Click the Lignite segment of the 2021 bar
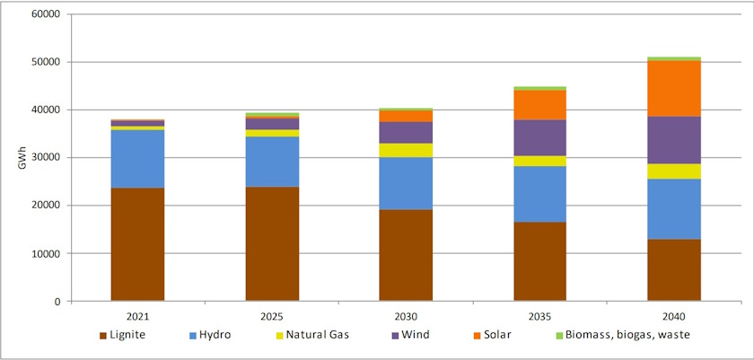[x=137, y=244]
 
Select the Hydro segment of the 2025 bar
[x=272, y=162]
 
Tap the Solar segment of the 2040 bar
[x=674, y=88]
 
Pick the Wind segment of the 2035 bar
[x=540, y=137]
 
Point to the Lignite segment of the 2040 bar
[x=674, y=269]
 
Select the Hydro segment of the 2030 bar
[x=406, y=183]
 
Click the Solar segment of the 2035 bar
[x=540, y=105]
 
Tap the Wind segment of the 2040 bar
[x=674, y=140]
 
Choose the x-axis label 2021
[x=137, y=316]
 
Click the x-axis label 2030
[x=406, y=316]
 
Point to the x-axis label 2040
[x=674, y=316]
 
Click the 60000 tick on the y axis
[x=45, y=15]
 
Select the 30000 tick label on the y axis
[x=45, y=158]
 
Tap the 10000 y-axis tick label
[x=45, y=253]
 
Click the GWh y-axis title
[x=12, y=157]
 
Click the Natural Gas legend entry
[x=312, y=336]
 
